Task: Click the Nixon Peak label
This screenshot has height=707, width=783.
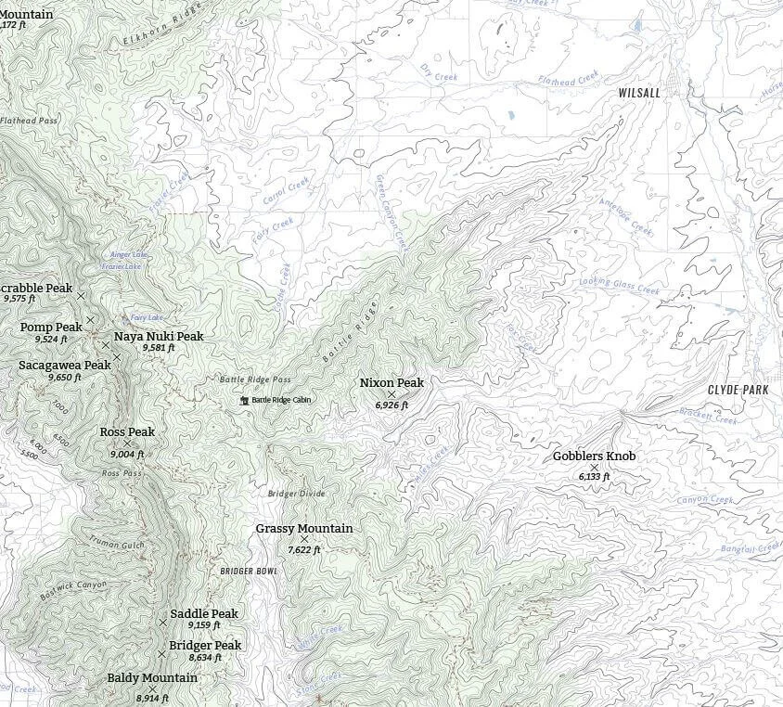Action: click(x=391, y=382)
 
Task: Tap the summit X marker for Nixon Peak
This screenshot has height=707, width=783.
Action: click(x=391, y=394)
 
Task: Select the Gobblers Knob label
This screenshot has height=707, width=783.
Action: click(x=594, y=456)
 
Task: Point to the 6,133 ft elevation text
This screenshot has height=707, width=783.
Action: click(x=594, y=477)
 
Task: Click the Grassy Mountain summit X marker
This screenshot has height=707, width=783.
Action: click(x=304, y=539)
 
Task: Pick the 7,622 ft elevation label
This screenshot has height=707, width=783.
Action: click(x=304, y=550)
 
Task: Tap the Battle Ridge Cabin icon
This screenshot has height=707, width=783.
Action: click(x=245, y=400)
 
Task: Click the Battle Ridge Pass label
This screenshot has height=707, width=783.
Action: click(x=255, y=379)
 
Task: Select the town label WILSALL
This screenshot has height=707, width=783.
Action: click(x=639, y=94)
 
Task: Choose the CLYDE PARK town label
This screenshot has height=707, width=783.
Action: click(x=738, y=390)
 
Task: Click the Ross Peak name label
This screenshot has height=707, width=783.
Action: click(x=127, y=432)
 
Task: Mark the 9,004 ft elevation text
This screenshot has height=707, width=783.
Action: click(x=127, y=455)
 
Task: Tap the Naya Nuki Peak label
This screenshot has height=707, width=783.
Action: click(x=159, y=337)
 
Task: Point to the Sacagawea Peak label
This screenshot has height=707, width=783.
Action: click(x=65, y=366)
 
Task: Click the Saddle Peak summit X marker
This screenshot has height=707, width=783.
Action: click(x=163, y=622)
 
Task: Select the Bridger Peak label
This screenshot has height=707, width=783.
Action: click(x=205, y=646)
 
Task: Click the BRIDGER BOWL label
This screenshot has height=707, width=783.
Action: click(x=249, y=572)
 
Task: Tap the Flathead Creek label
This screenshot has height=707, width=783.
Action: click(x=570, y=81)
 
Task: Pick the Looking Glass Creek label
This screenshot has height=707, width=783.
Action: click(x=619, y=286)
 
